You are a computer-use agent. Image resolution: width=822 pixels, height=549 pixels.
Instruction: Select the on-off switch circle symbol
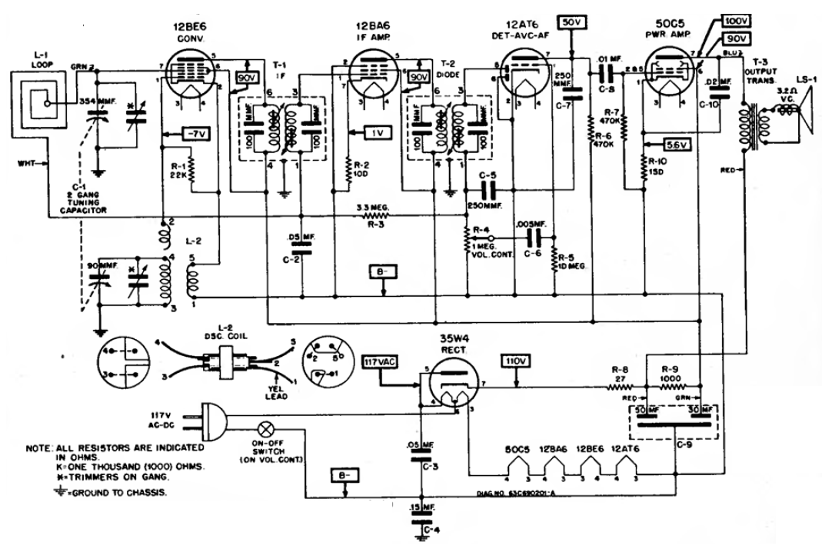tap(268, 428)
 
